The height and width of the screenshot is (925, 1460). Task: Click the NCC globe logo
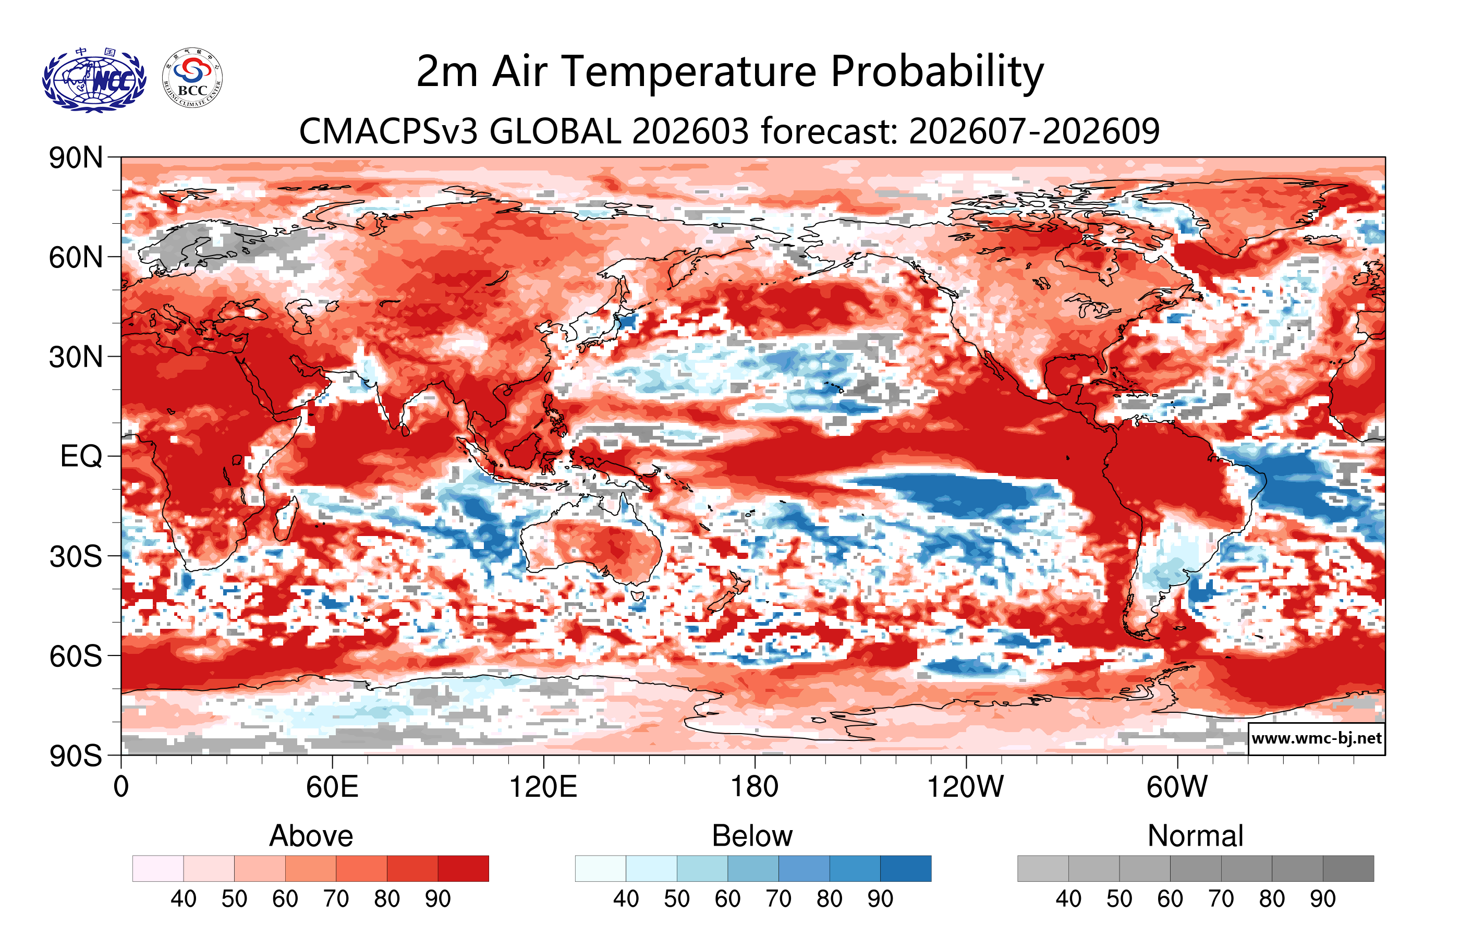pyautogui.click(x=94, y=80)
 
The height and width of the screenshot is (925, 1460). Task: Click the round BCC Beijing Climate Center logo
pyautogui.click(x=192, y=78)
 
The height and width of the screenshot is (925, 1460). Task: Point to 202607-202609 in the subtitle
pyautogui.click(x=1034, y=131)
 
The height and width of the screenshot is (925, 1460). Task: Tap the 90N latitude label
pyautogui.click(x=76, y=158)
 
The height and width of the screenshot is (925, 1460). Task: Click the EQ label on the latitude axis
pyautogui.click(x=81, y=456)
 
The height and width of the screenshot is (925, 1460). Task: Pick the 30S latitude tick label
pyautogui.click(x=76, y=556)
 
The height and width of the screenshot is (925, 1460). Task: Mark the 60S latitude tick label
pyautogui.click(x=76, y=656)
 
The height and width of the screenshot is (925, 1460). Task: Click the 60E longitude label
pyautogui.click(x=332, y=787)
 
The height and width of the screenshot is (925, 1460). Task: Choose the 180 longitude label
pyautogui.click(x=755, y=787)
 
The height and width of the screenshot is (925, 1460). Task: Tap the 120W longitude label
pyautogui.click(x=965, y=787)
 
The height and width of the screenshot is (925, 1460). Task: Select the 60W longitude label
pyautogui.click(x=1176, y=787)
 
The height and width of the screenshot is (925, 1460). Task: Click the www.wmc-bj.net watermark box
pyautogui.click(x=1316, y=738)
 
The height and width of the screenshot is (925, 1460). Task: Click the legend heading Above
pyautogui.click(x=311, y=836)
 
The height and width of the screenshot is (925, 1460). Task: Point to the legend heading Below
pyautogui.click(x=752, y=836)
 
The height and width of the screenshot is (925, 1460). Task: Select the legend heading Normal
pyautogui.click(x=1195, y=836)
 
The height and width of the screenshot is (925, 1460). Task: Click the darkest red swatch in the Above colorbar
pyautogui.click(x=463, y=868)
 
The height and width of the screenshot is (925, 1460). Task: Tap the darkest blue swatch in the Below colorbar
pyautogui.click(x=905, y=868)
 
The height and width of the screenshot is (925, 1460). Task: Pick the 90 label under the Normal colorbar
pyautogui.click(x=1322, y=899)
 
